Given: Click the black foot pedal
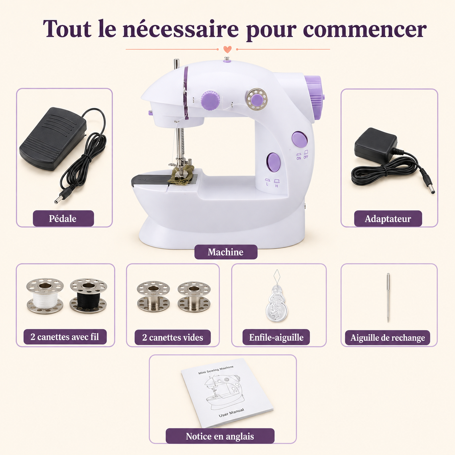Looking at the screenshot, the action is tap(53, 139).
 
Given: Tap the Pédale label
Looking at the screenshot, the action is tap(63, 218).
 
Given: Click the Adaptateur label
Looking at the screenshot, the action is tap(388, 219).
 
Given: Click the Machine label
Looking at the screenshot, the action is tap(226, 252).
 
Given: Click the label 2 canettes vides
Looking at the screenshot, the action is tap(173, 337).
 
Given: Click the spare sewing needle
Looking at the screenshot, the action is tap(388, 298).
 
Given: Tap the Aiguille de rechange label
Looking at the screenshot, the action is tap(388, 338).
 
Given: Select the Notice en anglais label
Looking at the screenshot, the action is tap(220, 436).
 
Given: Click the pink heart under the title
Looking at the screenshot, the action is tap(227, 49).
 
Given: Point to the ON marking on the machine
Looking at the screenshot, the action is tap(299, 158).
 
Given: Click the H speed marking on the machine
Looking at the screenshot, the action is tap(276, 186).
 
